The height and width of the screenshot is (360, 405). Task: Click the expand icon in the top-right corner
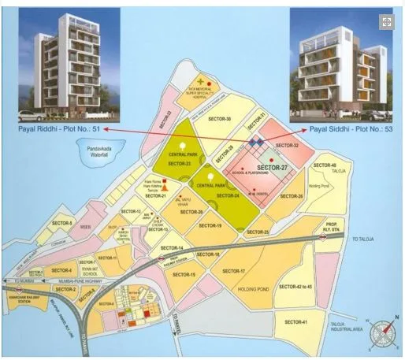[387, 22]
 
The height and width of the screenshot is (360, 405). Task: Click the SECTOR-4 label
[61, 270]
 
